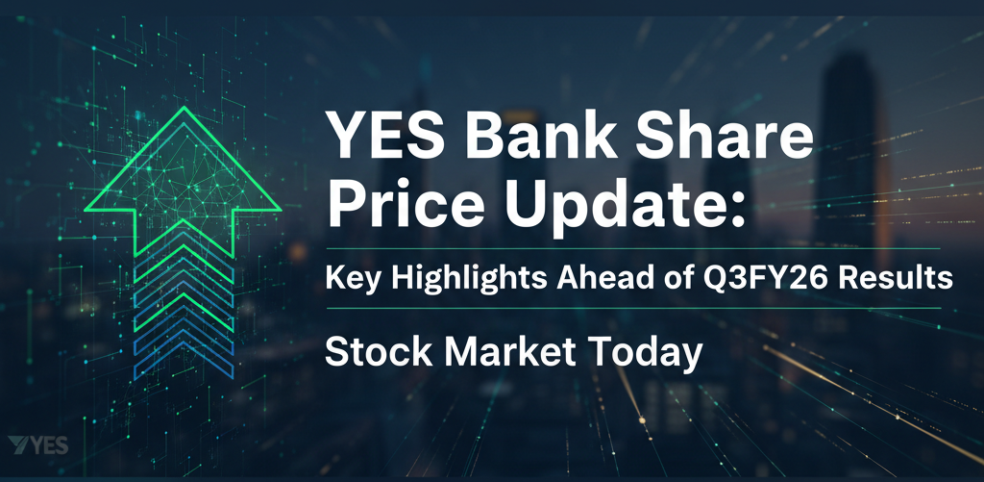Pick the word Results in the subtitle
point(898,280)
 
